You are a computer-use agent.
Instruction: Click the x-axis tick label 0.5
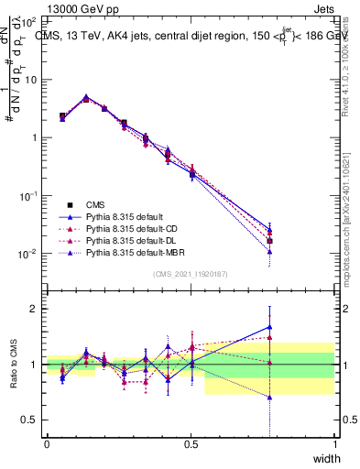(191, 444)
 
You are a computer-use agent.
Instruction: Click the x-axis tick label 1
(334, 444)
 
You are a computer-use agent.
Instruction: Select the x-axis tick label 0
(47, 444)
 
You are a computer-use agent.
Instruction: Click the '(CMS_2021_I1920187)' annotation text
(191, 273)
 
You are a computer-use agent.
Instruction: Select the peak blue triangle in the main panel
(86, 96)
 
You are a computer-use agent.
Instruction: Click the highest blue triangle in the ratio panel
(269, 326)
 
